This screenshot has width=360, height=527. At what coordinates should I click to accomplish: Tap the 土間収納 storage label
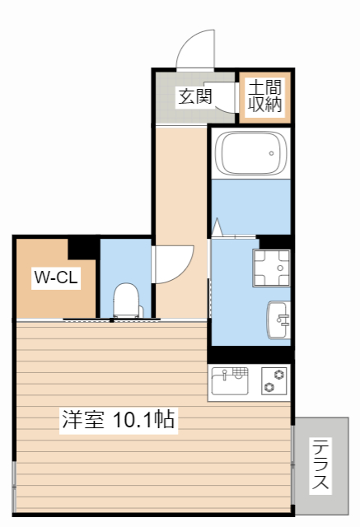pos(264,96)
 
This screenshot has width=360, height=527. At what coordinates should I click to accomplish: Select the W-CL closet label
pos(56,277)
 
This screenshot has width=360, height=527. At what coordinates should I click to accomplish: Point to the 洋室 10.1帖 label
pos(119,419)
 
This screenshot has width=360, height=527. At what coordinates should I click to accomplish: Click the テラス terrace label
pos(320,464)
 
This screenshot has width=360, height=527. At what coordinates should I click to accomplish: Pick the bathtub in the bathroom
pos(250,153)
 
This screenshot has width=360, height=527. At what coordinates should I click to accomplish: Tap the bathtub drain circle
pos(271,154)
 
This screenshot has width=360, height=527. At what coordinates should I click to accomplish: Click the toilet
pos(126,300)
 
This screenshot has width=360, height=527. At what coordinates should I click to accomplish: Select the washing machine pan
pos(271,268)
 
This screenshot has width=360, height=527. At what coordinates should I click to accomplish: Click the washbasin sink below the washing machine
pos(278,319)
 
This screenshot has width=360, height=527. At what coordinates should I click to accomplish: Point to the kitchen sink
pos(230,380)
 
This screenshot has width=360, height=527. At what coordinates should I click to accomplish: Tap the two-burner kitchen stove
pos(274,380)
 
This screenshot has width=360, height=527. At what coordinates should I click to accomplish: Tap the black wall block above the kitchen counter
pos(250,355)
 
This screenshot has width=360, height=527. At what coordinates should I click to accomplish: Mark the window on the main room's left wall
pos(14,486)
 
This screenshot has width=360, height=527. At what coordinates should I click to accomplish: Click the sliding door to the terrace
pos(292,464)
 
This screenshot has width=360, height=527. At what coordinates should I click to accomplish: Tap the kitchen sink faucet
pos(225,374)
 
